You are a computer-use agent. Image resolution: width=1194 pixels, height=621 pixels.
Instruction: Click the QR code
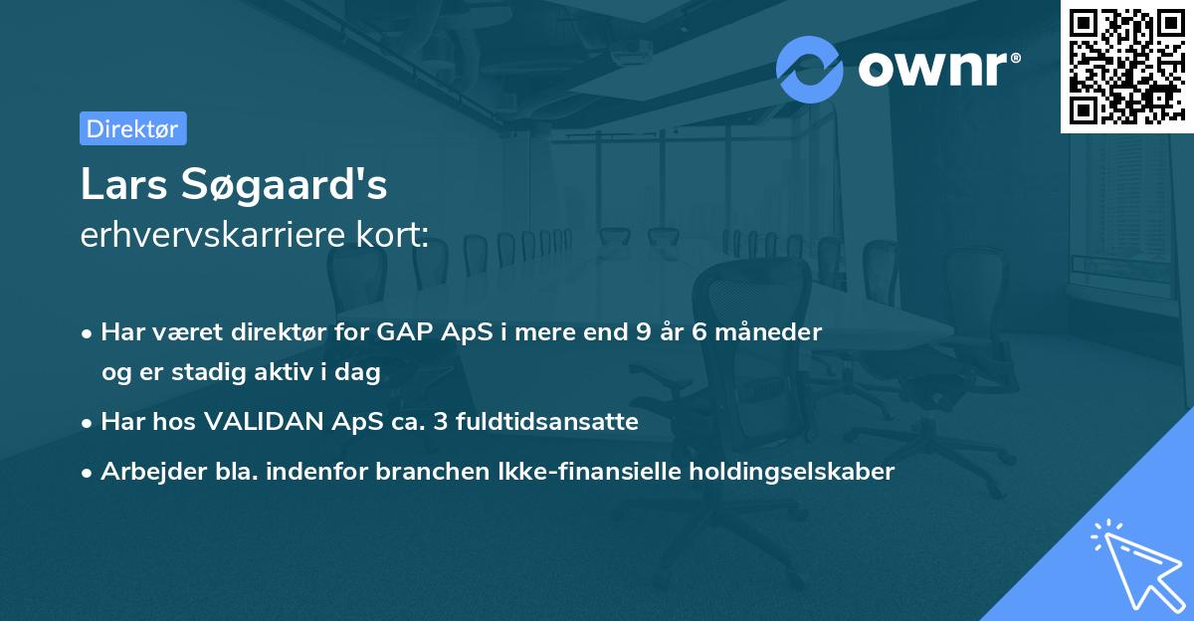(x=1125, y=67)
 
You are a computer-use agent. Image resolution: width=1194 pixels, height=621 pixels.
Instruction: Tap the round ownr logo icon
(x=810, y=69)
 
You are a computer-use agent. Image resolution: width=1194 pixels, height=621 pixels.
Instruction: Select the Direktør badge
(x=132, y=128)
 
